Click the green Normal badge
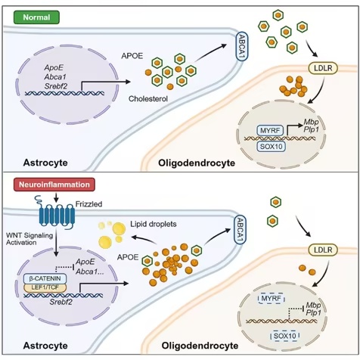point(36,17)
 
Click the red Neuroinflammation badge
point(54,185)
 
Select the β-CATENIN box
point(45,278)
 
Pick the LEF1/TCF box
point(45,287)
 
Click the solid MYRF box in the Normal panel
point(270,131)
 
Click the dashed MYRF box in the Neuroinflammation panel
point(272,299)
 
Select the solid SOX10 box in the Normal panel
point(271,147)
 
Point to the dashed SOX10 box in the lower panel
point(284,336)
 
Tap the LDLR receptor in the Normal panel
point(323,68)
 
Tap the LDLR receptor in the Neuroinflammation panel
point(323,250)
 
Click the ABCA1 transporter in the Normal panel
point(242,46)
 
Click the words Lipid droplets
point(154,224)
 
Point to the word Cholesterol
point(148,98)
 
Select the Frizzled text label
point(89,204)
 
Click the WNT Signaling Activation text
point(29,239)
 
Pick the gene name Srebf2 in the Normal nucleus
point(56,86)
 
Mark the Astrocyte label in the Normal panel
point(45,163)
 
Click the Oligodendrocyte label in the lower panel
point(200,346)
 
